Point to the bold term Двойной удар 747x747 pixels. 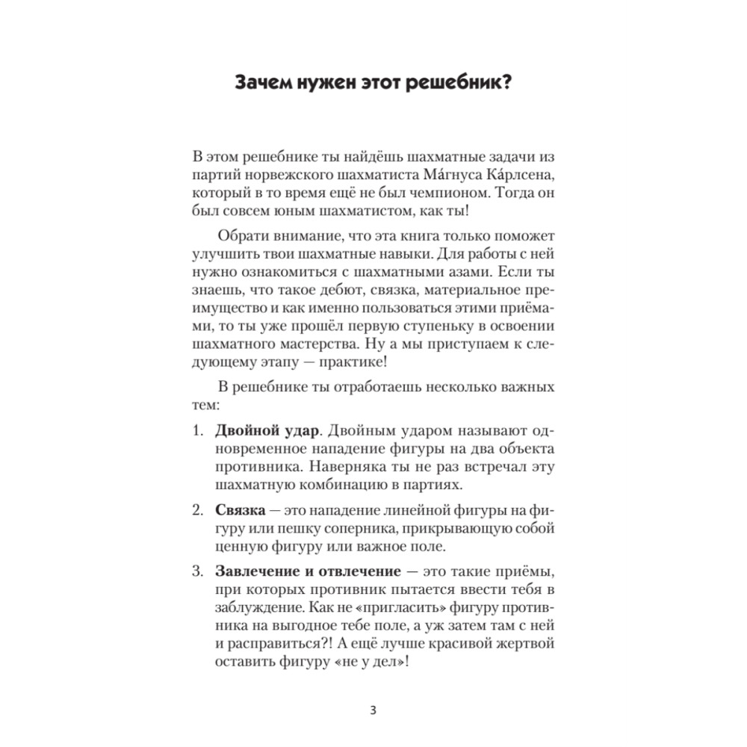(x=261, y=431)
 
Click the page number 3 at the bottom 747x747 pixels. (x=373, y=709)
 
